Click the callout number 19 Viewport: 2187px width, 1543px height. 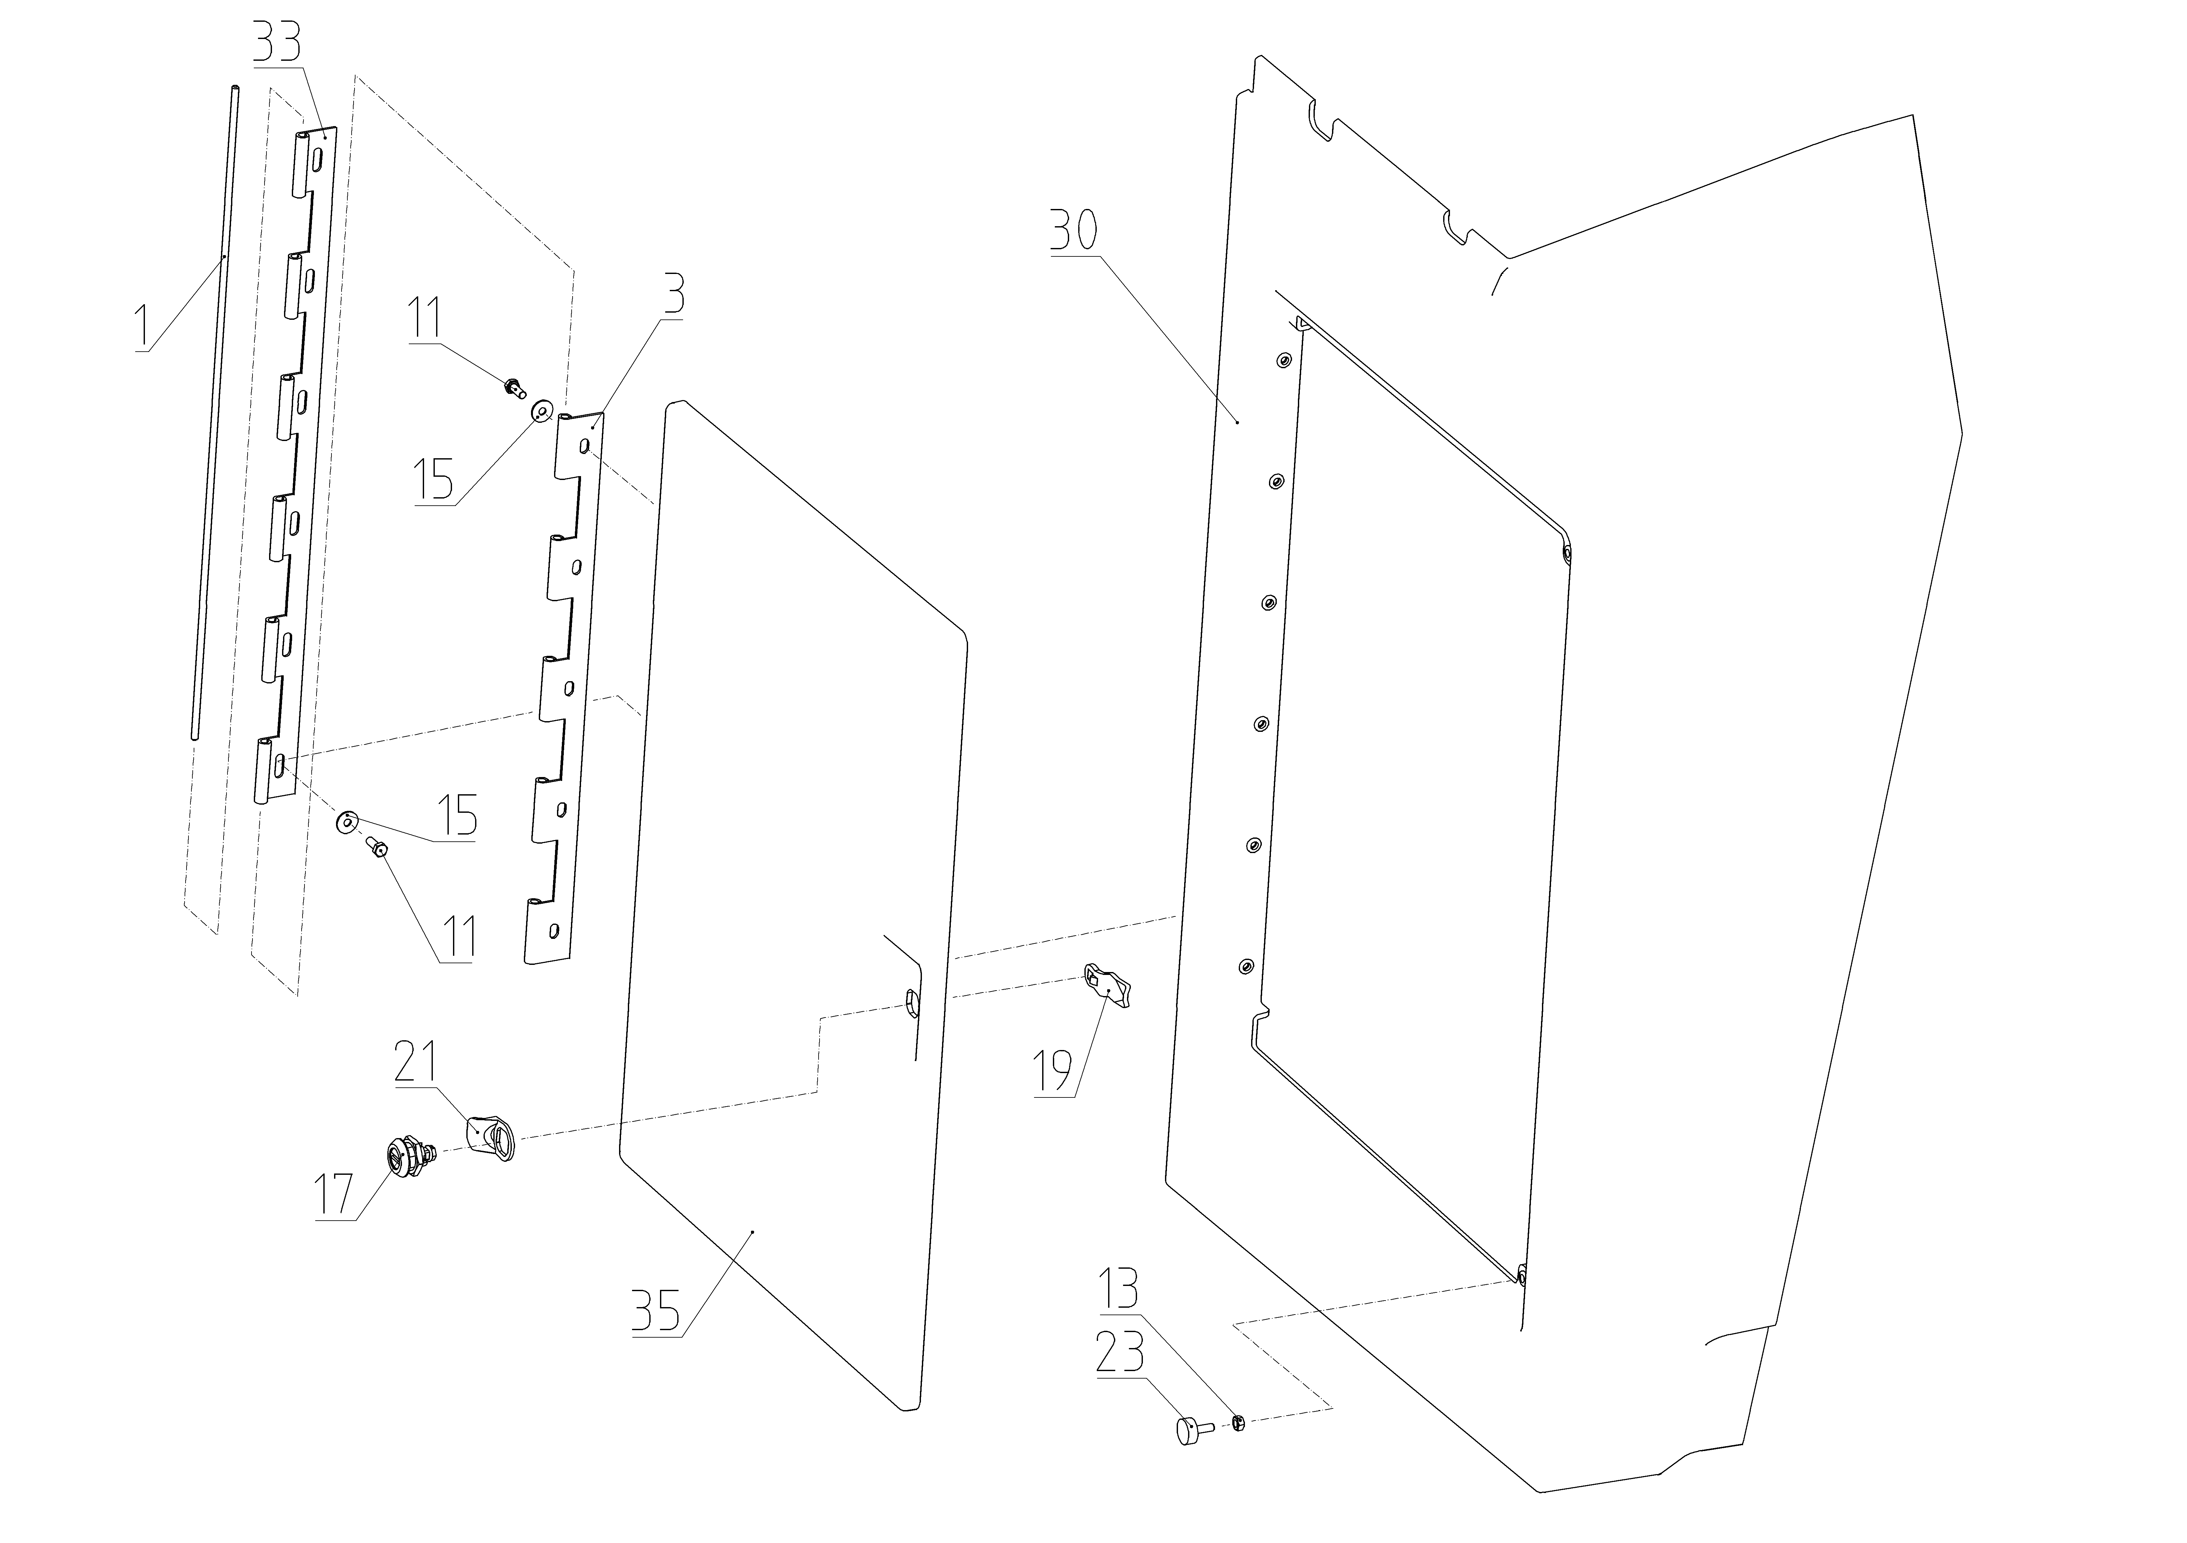click(1055, 1071)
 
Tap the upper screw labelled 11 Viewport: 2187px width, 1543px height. click(514, 387)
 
